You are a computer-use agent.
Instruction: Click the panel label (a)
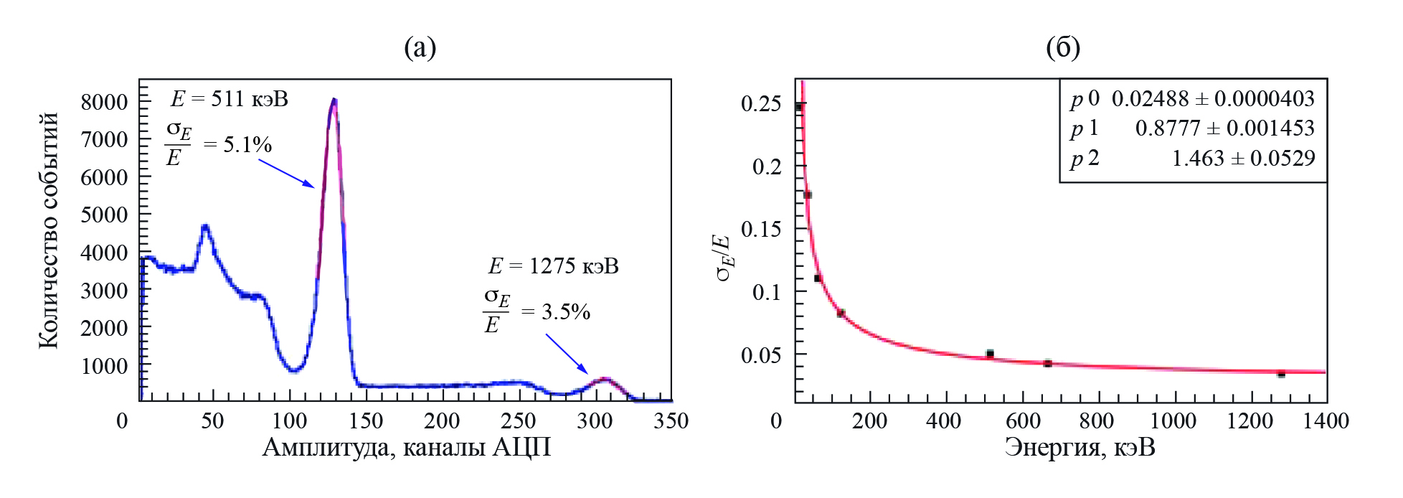[420, 48]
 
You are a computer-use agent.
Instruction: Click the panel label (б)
[1062, 48]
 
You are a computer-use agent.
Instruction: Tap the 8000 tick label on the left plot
[104, 102]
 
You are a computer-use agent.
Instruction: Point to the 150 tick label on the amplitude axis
[366, 421]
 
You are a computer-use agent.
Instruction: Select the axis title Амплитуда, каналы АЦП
[406, 448]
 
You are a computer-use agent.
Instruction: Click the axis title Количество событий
[49, 230]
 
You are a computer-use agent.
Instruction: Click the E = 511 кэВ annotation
[230, 98]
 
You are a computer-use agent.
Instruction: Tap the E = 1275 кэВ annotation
[553, 266]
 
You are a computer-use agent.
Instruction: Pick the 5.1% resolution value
[247, 146]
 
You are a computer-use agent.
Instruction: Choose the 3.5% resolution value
[566, 312]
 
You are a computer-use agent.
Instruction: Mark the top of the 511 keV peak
[334, 100]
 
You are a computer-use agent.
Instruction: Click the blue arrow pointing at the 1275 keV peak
[567, 354]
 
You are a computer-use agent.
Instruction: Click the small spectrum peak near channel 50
[205, 227]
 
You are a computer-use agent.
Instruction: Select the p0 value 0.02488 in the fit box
[1149, 98]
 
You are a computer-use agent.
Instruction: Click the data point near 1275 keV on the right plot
[1281, 374]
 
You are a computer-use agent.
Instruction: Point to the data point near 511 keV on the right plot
[990, 354]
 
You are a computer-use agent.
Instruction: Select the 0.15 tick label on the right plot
[761, 229]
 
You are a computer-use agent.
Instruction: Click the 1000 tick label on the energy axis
[1173, 421]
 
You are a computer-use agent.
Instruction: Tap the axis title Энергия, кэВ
[1080, 448]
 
